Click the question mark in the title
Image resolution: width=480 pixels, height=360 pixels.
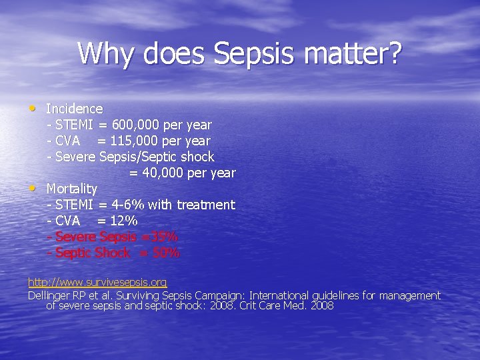[x=393, y=53]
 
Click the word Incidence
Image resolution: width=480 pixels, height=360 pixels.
[x=74, y=109]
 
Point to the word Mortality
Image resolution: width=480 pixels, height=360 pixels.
[x=71, y=189]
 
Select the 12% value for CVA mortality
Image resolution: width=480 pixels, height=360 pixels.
[x=125, y=221]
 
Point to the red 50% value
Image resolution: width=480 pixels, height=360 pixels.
[x=166, y=253]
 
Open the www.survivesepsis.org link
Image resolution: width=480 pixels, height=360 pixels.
[x=97, y=283]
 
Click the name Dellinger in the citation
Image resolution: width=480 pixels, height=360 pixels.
[x=51, y=295]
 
